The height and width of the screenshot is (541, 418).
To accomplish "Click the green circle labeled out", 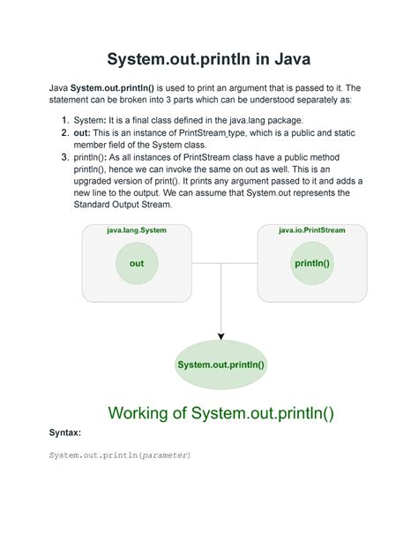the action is pyautogui.click(x=136, y=263).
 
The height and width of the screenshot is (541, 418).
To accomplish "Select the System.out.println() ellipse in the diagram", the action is pyautogui.click(x=220, y=364).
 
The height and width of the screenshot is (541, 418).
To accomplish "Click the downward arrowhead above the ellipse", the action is pyautogui.click(x=220, y=334).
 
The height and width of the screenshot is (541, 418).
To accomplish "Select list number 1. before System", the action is pyautogui.click(x=66, y=120).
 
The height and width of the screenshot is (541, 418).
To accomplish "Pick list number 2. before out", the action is pyautogui.click(x=66, y=133).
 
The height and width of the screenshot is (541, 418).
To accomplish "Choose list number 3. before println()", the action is pyautogui.click(x=66, y=158).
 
